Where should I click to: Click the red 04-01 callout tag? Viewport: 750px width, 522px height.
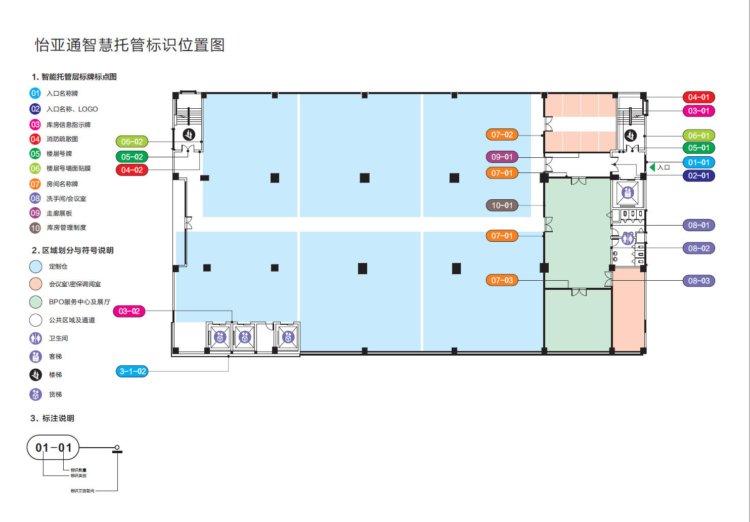(698, 97)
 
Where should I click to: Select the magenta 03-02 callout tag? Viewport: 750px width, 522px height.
(129, 311)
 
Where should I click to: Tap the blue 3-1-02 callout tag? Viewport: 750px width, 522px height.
(133, 371)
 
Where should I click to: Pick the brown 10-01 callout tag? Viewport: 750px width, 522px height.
(502, 205)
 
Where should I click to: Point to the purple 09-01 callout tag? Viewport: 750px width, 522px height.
(502, 157)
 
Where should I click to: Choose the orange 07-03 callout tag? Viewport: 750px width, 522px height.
(502, 280)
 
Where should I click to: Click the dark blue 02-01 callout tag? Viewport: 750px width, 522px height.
(698, 176)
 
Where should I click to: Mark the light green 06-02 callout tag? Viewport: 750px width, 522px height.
(131, 142)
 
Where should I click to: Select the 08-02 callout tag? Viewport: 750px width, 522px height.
(698, 248)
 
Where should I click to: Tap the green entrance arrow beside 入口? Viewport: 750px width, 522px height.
(652, 167)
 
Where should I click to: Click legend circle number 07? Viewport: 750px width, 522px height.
(35, 184)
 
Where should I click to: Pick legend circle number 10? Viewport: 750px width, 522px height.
(35, 228)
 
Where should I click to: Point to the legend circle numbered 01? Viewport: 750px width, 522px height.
(35, 93)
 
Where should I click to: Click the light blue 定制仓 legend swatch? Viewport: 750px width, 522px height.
(35, 266)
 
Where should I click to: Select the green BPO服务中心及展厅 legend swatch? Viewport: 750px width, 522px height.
(35, 302)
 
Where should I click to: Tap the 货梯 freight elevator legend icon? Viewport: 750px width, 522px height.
(35, 394)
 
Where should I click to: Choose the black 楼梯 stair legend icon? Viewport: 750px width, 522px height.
(35, 374)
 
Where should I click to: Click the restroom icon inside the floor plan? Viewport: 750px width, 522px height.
(628, 238)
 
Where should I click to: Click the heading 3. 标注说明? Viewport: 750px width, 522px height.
(52, 418)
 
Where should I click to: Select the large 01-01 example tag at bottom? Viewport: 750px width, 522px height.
(53, 448)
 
